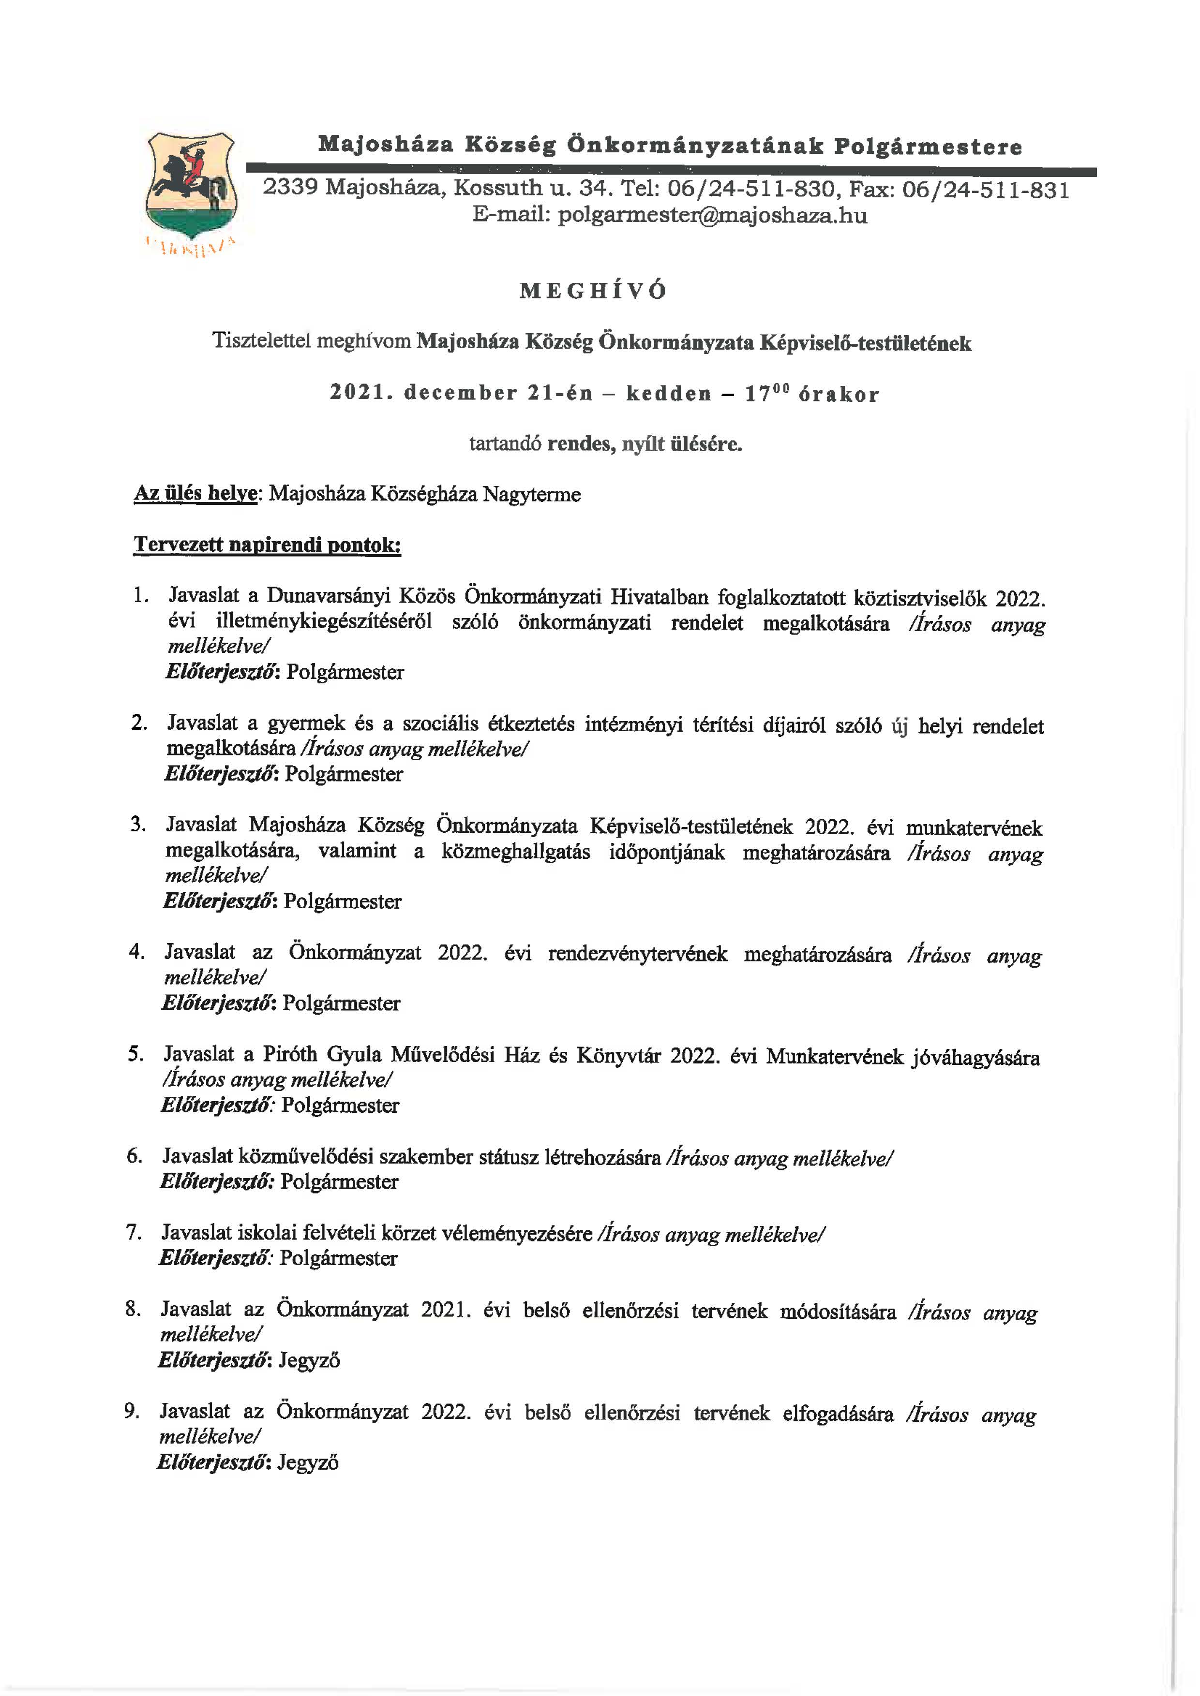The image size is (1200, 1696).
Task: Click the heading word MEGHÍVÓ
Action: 593,291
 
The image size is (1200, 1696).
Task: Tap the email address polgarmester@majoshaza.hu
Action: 712,216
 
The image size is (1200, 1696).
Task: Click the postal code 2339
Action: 290,188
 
